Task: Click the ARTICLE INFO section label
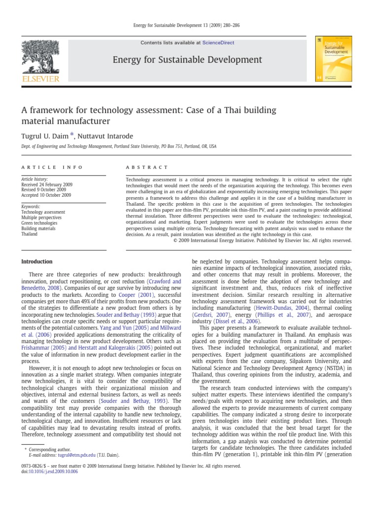coord(52,168)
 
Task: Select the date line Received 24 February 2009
coord(47,184)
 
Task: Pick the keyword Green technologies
coord(39,223)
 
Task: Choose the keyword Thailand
coord(30,234)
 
